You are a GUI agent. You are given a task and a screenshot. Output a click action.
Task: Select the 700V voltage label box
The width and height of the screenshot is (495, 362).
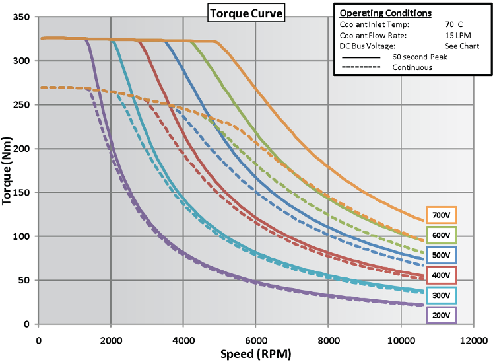(x=441, y=215)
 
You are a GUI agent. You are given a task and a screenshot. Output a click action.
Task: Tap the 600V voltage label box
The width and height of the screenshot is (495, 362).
(x=441, y=235)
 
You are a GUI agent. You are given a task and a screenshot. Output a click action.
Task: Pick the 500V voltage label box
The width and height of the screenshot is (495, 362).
(x=441, y=255)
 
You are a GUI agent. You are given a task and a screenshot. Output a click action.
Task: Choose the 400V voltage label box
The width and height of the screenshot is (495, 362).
(x=441, y=275)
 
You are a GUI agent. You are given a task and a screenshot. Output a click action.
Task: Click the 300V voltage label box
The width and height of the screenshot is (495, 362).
(x=441, y=295)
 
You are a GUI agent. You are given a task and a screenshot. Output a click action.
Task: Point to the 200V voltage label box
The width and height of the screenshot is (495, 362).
(x=441, y=316)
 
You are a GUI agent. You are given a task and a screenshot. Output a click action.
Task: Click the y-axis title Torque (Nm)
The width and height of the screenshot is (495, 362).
(x=8, y=170)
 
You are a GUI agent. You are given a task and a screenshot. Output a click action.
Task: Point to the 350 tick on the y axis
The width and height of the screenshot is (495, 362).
(x=22, y=17)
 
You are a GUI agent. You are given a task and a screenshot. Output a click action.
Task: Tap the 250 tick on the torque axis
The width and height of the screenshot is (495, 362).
(x=22, y=105)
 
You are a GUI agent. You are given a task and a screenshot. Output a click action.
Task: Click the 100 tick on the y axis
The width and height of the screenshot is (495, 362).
(x=22, y=236)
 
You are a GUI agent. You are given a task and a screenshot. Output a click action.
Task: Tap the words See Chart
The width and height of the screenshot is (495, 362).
(x=462, y=46)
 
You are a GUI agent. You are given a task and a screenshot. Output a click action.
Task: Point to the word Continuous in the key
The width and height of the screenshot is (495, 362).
(x=412, y=67)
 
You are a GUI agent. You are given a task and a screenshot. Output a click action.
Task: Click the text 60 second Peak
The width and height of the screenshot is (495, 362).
(x=420, y=57)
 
